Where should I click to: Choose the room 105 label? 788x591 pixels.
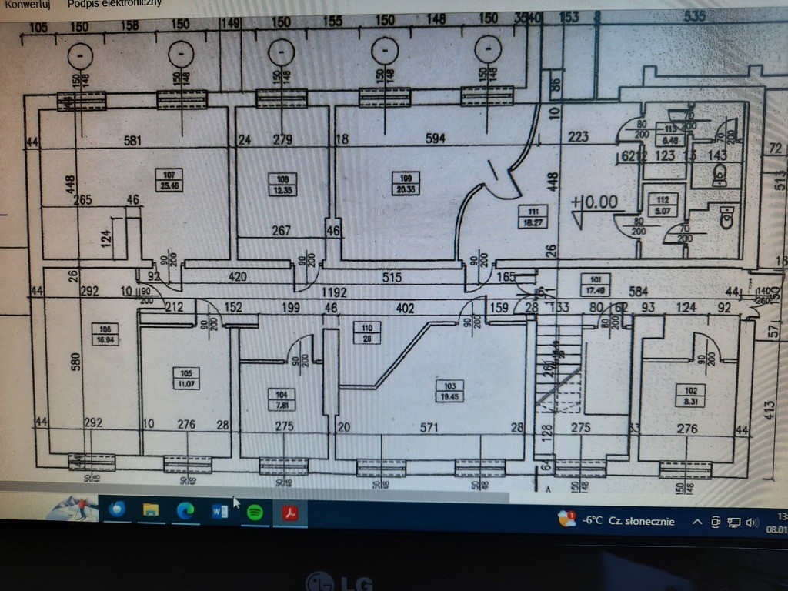point(189,378)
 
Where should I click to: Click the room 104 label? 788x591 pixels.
point(280,400)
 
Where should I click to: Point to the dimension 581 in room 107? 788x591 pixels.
point(133,141)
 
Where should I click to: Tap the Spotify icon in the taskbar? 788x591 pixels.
point(255,510)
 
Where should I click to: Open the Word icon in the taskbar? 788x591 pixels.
point(219,510)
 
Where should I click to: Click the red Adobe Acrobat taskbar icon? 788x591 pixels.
point(291,510)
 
